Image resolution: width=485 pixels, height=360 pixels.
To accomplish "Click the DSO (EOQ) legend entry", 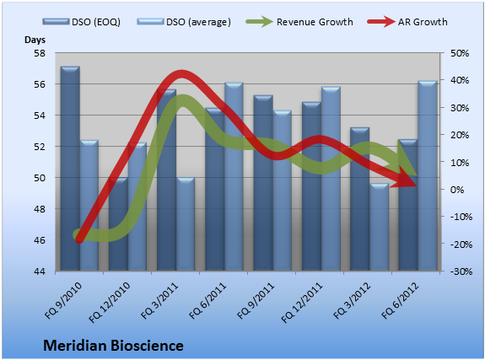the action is click(x=82, y=22).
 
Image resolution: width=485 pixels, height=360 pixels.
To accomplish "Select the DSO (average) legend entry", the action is click(x=184, y=22).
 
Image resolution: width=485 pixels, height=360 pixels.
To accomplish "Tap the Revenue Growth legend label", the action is click(x=315, y=22).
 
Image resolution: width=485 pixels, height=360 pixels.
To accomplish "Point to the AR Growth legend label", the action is click(x=423, y=22).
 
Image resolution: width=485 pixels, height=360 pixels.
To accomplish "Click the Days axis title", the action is click(x=35, y=40).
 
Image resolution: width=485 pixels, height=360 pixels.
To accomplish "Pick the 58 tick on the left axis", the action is click(x=40, y=53).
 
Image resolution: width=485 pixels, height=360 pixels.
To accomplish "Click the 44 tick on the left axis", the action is click(x=40, y=271).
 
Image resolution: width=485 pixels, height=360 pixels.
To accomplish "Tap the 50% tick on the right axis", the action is click(x=460, y=53).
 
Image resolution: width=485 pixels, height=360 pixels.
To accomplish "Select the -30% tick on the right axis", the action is click(x=461, y=271).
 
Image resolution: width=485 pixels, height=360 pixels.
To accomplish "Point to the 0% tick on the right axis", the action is click(x=457, y=190).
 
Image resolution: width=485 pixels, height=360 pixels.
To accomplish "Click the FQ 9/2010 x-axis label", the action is click(x=63, y=301).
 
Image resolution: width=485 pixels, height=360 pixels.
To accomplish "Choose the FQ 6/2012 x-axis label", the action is click(x=400, y=301).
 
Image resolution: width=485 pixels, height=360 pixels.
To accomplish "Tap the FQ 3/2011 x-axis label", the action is click(x=159, y=301).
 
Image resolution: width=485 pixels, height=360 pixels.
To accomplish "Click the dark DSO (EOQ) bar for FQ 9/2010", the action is click(x=70, y=169).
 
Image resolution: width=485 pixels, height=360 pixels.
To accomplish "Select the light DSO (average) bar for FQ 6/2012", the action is click(x=428, y=175).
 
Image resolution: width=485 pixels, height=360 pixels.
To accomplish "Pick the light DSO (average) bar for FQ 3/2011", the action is click(x=186, y=224).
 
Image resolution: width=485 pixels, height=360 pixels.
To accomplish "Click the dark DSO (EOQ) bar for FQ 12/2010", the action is click(x=118, y=224).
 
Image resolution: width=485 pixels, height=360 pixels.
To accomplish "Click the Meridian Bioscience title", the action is click(x=113, y=346).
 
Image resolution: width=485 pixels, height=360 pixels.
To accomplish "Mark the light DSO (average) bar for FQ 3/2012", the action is click(x=380, y=228).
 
